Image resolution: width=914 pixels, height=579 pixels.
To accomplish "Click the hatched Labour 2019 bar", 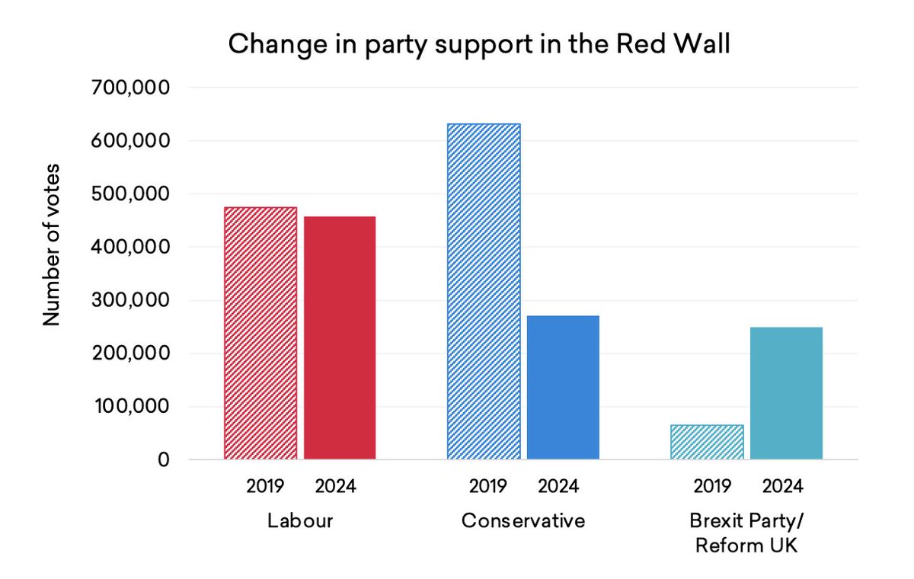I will (260, 333).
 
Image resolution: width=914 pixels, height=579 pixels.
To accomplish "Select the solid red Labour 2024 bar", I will (340, 337).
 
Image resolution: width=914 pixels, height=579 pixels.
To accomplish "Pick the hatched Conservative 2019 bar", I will (484, 291).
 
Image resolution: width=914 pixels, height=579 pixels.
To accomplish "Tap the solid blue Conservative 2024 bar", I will (563, 387).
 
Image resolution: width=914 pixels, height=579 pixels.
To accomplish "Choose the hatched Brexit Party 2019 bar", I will (707, 442).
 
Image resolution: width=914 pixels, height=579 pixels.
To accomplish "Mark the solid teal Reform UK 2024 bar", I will (786, 393).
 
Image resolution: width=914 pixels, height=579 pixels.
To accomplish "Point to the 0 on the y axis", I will (163, 460).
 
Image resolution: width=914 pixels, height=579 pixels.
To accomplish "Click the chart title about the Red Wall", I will (479, 44).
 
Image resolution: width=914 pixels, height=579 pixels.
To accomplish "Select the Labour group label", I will (299, 521).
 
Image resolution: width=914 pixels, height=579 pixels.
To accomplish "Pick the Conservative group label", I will (523, 521).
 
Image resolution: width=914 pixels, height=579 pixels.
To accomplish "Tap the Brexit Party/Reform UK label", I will (746, 533).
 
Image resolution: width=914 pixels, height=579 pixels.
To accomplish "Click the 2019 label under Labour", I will (264, 486).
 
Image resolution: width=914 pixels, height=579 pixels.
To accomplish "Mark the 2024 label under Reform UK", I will (782, 486).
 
